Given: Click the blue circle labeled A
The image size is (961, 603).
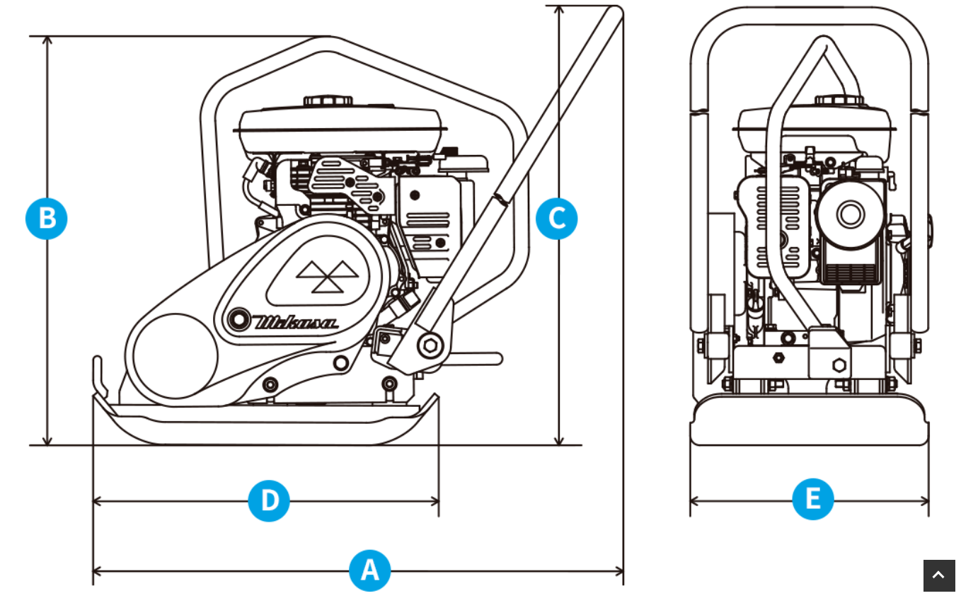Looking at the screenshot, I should [x=369, y=570].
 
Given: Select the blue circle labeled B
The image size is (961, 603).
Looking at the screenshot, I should [x=47, y=219].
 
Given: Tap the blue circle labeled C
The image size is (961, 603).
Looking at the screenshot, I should [x=556, y=219].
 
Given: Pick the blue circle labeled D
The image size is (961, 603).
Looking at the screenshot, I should [x=269, y=501].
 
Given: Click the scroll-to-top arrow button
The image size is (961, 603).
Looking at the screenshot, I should [x=938, y=575].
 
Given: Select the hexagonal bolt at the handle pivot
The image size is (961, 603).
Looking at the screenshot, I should [x=430, y=346].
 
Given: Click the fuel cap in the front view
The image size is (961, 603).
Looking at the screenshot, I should [x=839, y=100].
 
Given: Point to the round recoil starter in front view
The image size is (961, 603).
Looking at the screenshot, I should [x=850, y=213].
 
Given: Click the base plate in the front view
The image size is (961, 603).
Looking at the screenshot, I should [x=809, y=422].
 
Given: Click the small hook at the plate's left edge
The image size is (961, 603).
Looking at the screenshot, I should [x=99, y=375].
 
